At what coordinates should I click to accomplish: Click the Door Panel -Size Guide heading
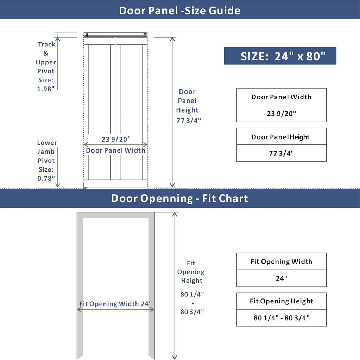(179, 10)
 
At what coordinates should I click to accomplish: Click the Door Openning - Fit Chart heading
(179, 198)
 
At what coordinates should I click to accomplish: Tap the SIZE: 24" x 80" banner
(280, 56)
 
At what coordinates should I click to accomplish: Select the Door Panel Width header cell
(281, 97)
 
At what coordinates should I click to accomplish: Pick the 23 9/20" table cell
(281, 114)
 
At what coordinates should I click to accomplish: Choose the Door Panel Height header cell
(281, 137)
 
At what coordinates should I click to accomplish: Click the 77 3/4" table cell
(281, 153)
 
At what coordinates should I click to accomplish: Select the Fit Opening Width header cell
(281, 262)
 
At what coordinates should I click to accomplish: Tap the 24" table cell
(281, 278)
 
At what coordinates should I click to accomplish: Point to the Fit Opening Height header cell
(281, 301)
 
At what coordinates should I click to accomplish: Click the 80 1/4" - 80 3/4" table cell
(281, 318)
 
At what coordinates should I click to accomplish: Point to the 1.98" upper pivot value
(46, 89)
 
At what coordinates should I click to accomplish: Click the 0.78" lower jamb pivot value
(46, 178)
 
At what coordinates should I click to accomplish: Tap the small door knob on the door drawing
(119, 117)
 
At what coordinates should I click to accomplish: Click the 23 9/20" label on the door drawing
(116, 139)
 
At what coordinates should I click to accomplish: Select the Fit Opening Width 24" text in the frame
(115, 304)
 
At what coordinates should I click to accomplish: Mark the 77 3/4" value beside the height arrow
(189, 121)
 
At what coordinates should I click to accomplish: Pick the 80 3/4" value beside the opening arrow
(192, 311)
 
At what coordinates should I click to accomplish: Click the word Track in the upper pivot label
(46, 44)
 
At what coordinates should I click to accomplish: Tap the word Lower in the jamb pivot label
(47, 143)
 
